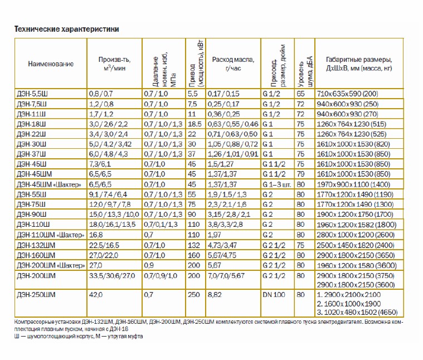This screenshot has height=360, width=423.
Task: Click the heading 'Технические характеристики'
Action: pyautogui.click(x=67, y=29)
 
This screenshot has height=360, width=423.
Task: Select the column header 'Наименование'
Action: pyautogui.click(x=51, y=64)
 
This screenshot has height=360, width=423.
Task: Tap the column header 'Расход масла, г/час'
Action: pyautogui.click(x=233, y=64)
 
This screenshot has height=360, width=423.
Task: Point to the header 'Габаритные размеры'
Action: pyautogui.click(x=359, y=60)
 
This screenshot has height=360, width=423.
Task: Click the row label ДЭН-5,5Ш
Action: pyautogui.click(x=32, y=94)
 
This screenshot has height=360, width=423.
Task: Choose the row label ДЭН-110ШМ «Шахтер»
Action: pyautogui.click(x=51, y=235)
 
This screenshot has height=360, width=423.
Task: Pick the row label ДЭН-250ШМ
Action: pyautogui.click(x=36, y=294)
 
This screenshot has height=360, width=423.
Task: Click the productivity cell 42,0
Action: pyautogui.click(x=96, y=294)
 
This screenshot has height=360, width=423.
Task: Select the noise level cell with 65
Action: pyautogui.click(x=300, y=94)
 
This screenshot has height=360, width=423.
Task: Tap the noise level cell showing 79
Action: pyautogui.click(x=300, y=174)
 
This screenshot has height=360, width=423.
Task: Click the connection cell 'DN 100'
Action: pyautogui.click(x=274, y=294)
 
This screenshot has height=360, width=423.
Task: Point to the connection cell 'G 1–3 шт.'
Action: pyautogui.click(x=277, y=184)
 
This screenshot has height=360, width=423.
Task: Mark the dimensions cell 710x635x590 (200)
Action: pyautogui.click(x=347, y=94)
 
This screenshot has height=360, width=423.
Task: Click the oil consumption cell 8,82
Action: pyautogui.click(x=215, y=294)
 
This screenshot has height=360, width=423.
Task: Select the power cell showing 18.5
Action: pyautogui.click(x=195, y=124)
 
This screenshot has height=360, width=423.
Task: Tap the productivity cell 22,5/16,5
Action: pyautogui.click(x=104, y=245)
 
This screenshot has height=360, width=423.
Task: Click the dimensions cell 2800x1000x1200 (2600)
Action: pyautogui.click(x=356, y=235)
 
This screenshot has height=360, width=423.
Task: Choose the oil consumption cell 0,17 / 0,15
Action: pyautogui.click(x=223, y=94)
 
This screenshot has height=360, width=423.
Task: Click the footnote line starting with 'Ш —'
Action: pyautogui.click(x=79, y=336)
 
